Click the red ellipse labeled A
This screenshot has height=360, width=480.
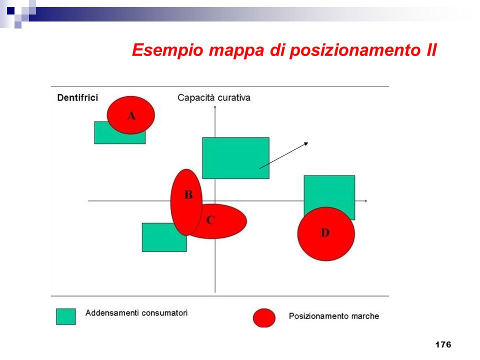pos(130,115)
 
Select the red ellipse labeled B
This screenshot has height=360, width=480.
pos(186,202)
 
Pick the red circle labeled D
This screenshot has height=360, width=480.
pos(326,234)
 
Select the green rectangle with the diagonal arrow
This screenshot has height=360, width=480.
pos(235,158)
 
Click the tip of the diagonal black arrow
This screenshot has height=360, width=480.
pos(308,142)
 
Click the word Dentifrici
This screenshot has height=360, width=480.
pos(77,97)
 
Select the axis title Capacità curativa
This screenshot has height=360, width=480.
pos(213,97)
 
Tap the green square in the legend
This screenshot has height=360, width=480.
pos(66,316)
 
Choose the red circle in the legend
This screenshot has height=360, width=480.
pos(264,318)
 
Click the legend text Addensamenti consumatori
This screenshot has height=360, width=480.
pos(136,313)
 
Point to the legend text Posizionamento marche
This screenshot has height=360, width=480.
pos(334,316)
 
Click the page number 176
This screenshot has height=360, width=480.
pos(443,344)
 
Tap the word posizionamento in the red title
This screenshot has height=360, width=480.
pos(355,50)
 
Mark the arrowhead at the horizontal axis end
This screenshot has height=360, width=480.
pos(366,201)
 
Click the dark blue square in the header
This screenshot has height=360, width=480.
pos(10,11)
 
